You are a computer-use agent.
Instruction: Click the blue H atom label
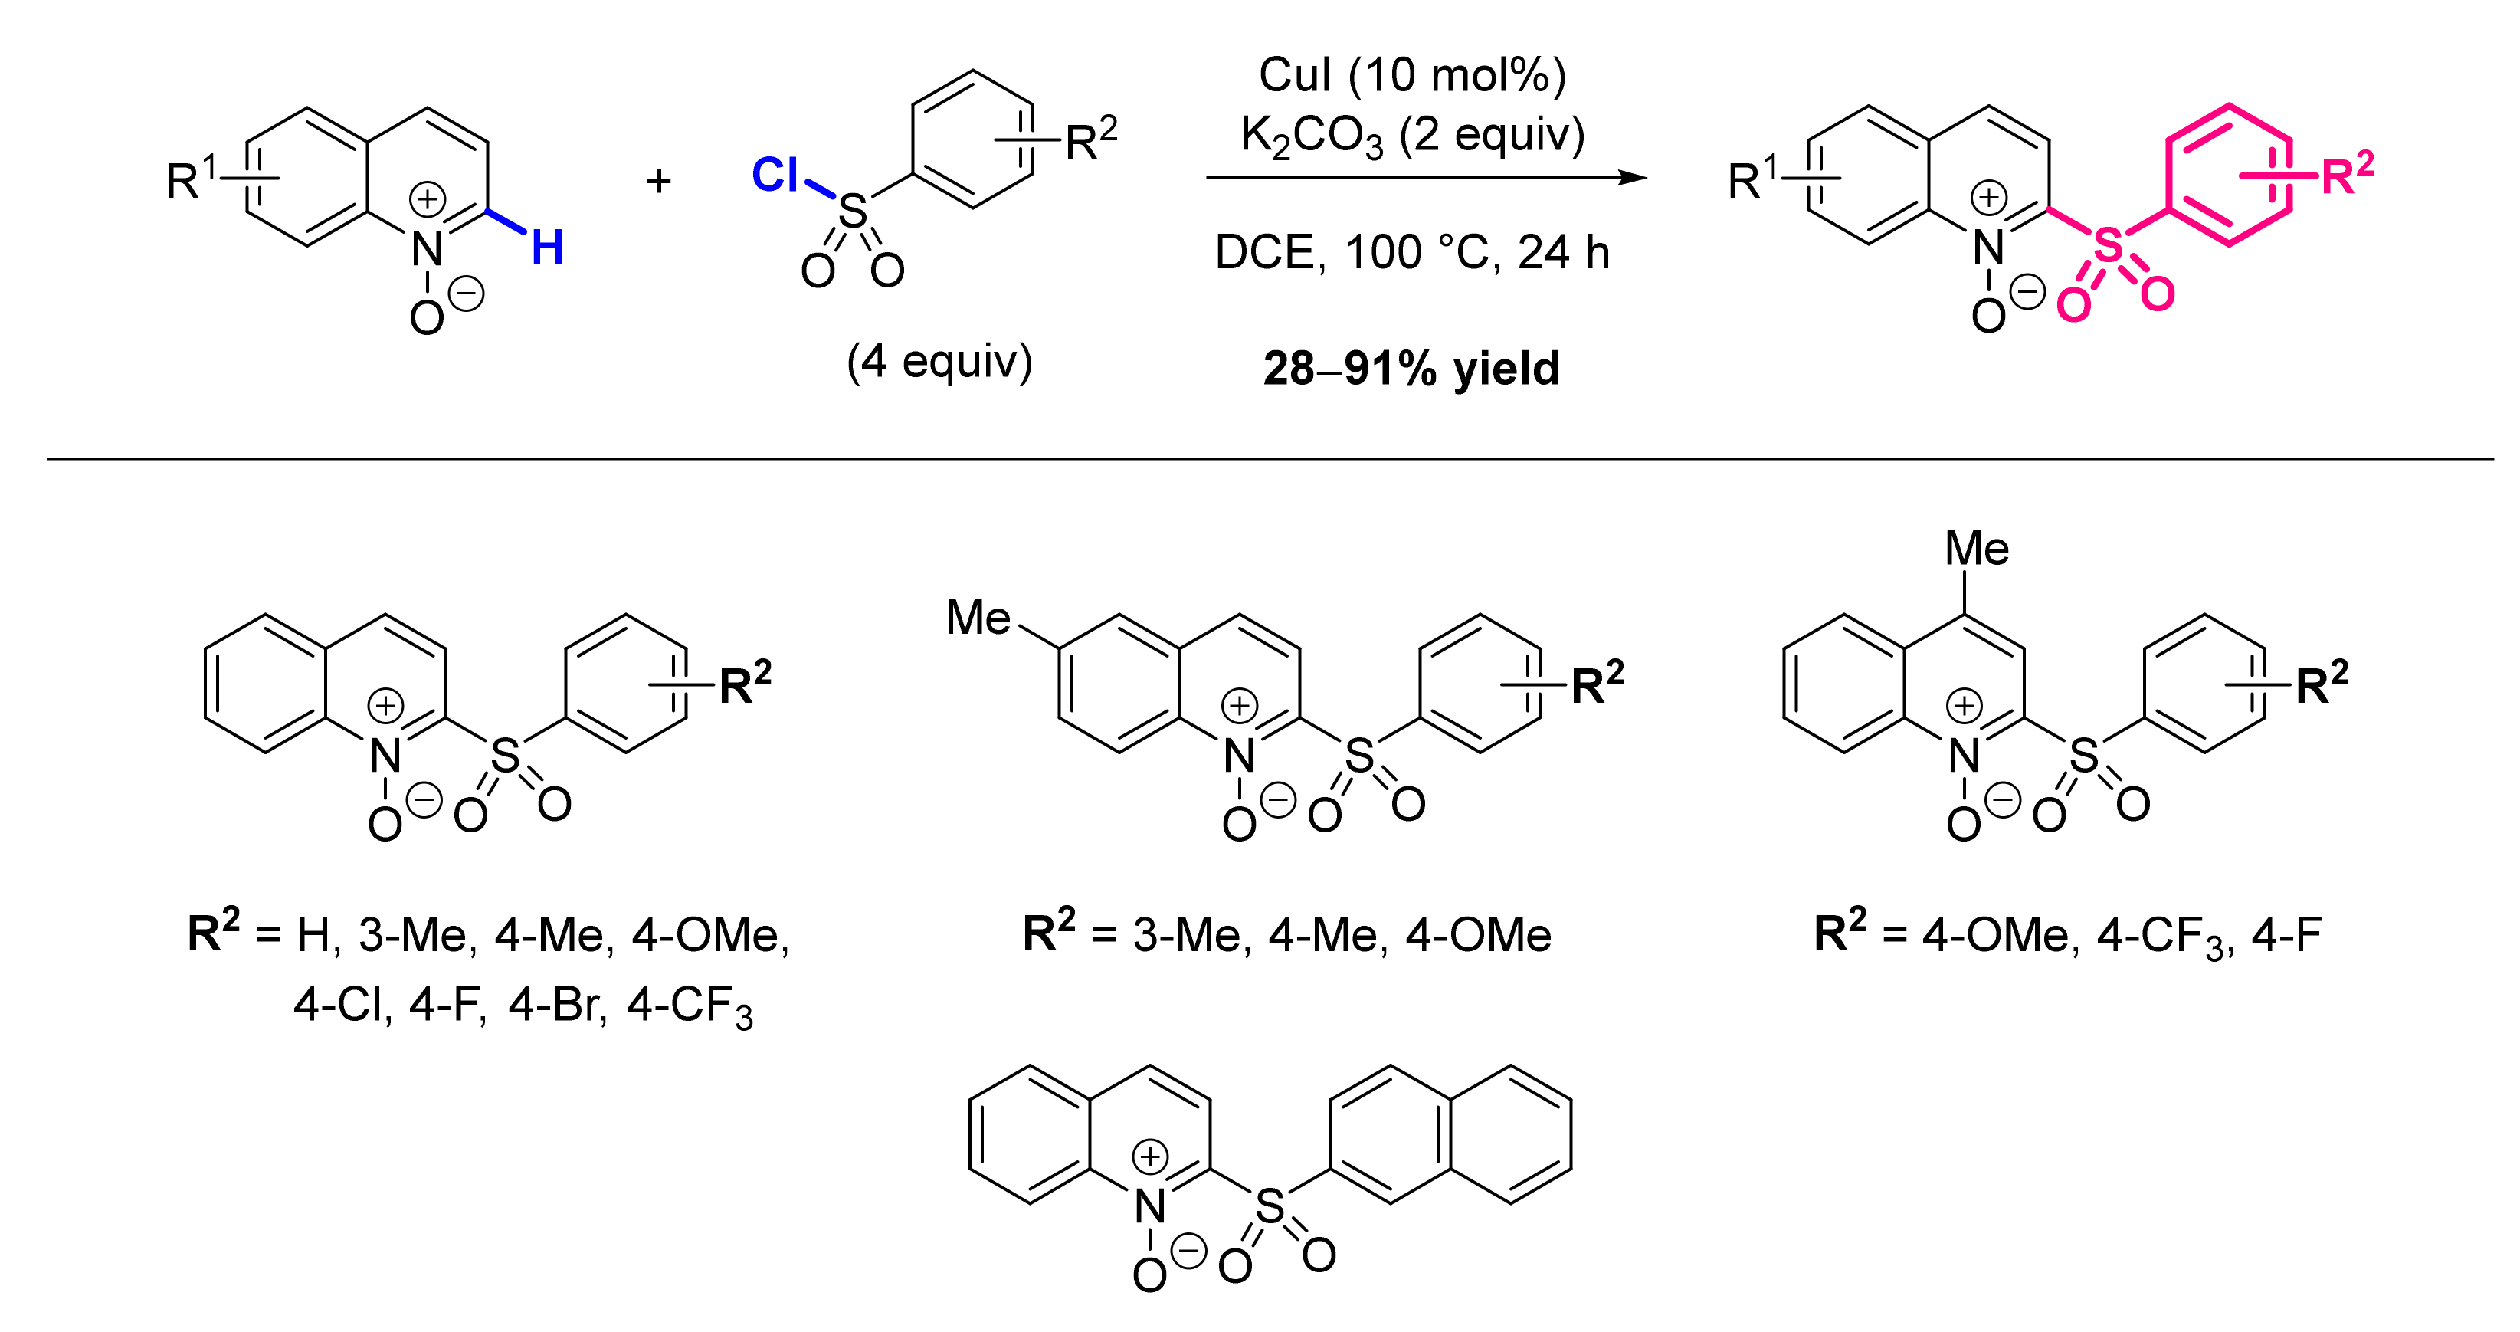coord(548,248)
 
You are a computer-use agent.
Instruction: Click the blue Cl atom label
coord(775,176)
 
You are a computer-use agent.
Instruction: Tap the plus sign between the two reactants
coord(658,180)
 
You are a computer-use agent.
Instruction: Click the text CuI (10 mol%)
coord(1411,75)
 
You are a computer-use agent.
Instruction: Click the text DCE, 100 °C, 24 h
coord(1411,252)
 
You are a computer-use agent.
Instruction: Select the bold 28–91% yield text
coord(1411,369)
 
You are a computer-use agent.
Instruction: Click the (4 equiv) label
coord(939,361)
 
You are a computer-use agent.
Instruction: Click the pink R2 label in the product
coord(2347,174)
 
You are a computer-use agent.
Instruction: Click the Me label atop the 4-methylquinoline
coord(1976,548)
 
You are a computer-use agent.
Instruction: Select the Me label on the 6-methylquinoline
coord(978,618)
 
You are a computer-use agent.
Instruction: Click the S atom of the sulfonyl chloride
coord(853,211)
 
